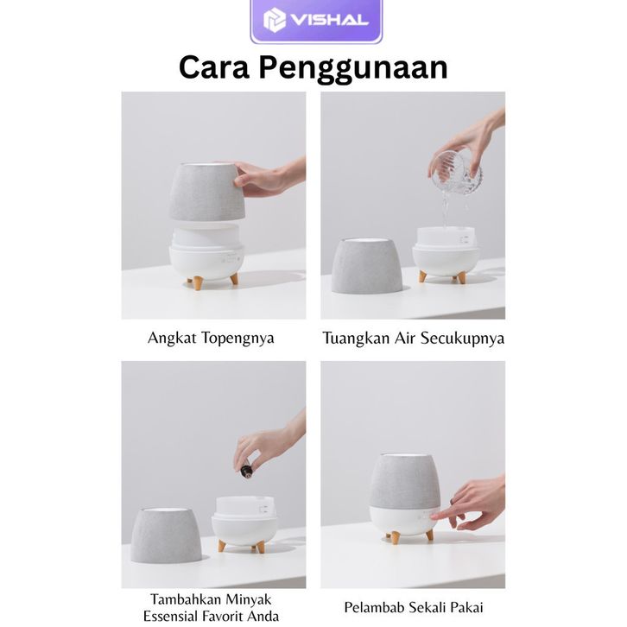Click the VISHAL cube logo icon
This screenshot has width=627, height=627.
point(275,20)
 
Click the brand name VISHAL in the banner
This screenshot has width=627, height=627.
point(330,20)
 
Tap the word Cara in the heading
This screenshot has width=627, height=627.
point(214,67)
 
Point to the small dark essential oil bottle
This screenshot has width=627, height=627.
point(246,469)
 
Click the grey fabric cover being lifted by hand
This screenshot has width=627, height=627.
point(206,191)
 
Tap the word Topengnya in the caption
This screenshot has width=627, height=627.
point(237,339)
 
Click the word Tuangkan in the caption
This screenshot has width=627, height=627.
point(356,339)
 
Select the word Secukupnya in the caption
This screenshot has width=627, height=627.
point(462,339)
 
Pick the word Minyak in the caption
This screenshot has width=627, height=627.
point(249,599)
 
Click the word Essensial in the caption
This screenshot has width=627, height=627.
point(170,616)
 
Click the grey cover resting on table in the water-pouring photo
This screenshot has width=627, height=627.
point(366,265)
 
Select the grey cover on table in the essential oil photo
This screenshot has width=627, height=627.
point(166,535)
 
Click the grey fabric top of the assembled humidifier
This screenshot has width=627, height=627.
point(404,481)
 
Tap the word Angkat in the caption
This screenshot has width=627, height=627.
point(172,339)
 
